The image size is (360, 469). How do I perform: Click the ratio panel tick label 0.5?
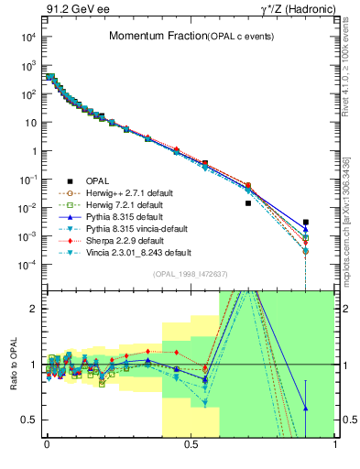tap(29, 420)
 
